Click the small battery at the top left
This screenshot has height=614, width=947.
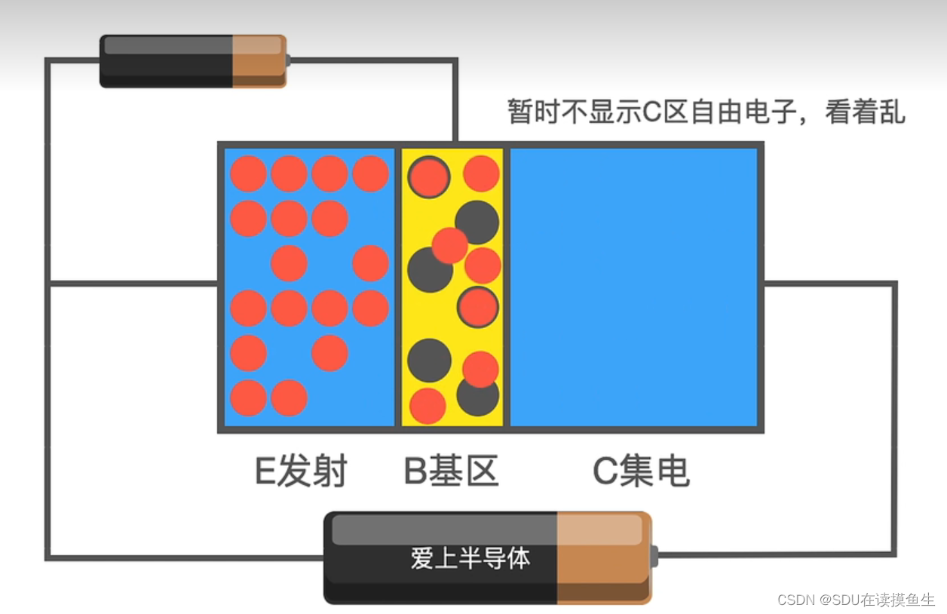[193, 60]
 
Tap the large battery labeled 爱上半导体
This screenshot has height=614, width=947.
[487, 557]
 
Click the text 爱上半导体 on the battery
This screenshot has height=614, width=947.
[470, 559]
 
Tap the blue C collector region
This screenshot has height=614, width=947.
[633, 287]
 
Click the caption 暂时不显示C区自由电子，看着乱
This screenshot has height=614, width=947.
[706, 112]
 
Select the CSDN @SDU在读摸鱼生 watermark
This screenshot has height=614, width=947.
[856, 600]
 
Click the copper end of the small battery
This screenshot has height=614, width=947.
[259, 60]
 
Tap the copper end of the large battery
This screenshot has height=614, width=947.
[603, 557]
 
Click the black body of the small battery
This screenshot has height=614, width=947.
[166, 60]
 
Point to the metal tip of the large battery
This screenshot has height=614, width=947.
[654, 557]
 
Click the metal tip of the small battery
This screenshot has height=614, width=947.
[288, 60]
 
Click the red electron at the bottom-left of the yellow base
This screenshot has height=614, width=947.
[428, 406]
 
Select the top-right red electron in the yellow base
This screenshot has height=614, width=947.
[481, 173]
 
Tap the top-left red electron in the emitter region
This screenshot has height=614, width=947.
[248, 173]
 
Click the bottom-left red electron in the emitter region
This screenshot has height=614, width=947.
[248, 398]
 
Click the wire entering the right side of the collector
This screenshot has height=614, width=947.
[829, 284]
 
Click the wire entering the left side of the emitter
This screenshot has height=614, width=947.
[132, 284]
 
